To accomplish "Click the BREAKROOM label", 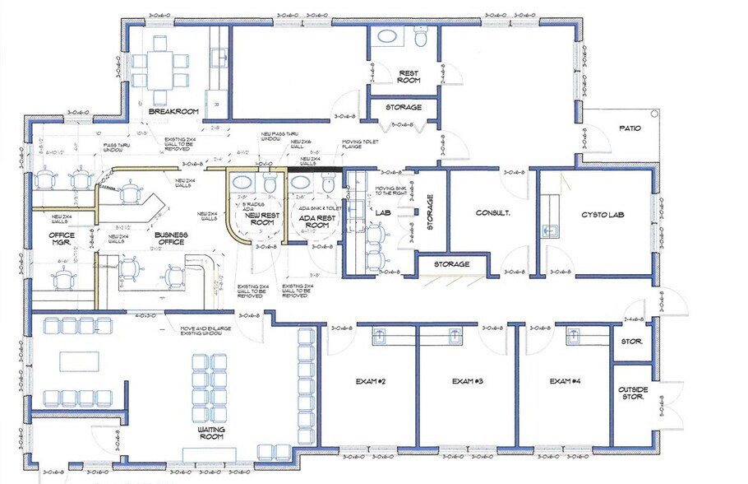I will tap(169, 111).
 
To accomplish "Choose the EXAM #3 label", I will tap(467, 381).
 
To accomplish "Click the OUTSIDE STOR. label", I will tap(634, 394).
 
